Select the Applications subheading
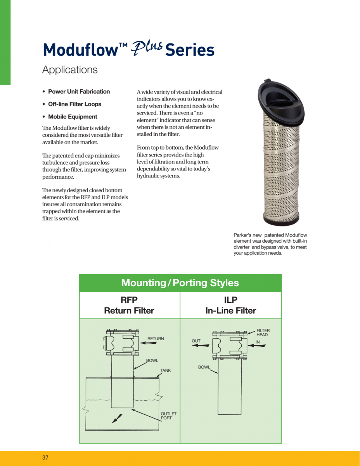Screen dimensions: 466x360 tap(70, 70)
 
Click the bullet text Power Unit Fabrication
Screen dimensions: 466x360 tap(79, 92)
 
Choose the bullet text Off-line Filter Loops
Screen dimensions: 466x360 tap(74, 104)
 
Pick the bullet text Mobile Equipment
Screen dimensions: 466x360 tap(73, 116)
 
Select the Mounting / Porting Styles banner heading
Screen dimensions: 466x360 tap(180, 283)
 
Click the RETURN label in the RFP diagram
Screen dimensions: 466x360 tap(156, 339)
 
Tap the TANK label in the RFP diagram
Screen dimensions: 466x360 tap(166, 370)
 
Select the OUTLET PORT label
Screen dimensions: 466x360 tap(168, 416)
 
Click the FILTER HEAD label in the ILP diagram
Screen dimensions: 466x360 tap(263, 333)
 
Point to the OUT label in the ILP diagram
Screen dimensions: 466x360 tap(196, 341)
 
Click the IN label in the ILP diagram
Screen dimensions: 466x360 tap(258, 342)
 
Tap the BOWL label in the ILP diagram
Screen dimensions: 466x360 tap(204, 367)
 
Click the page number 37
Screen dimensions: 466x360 tap(45, 457)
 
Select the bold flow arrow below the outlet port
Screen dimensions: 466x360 tap(117, 419)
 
